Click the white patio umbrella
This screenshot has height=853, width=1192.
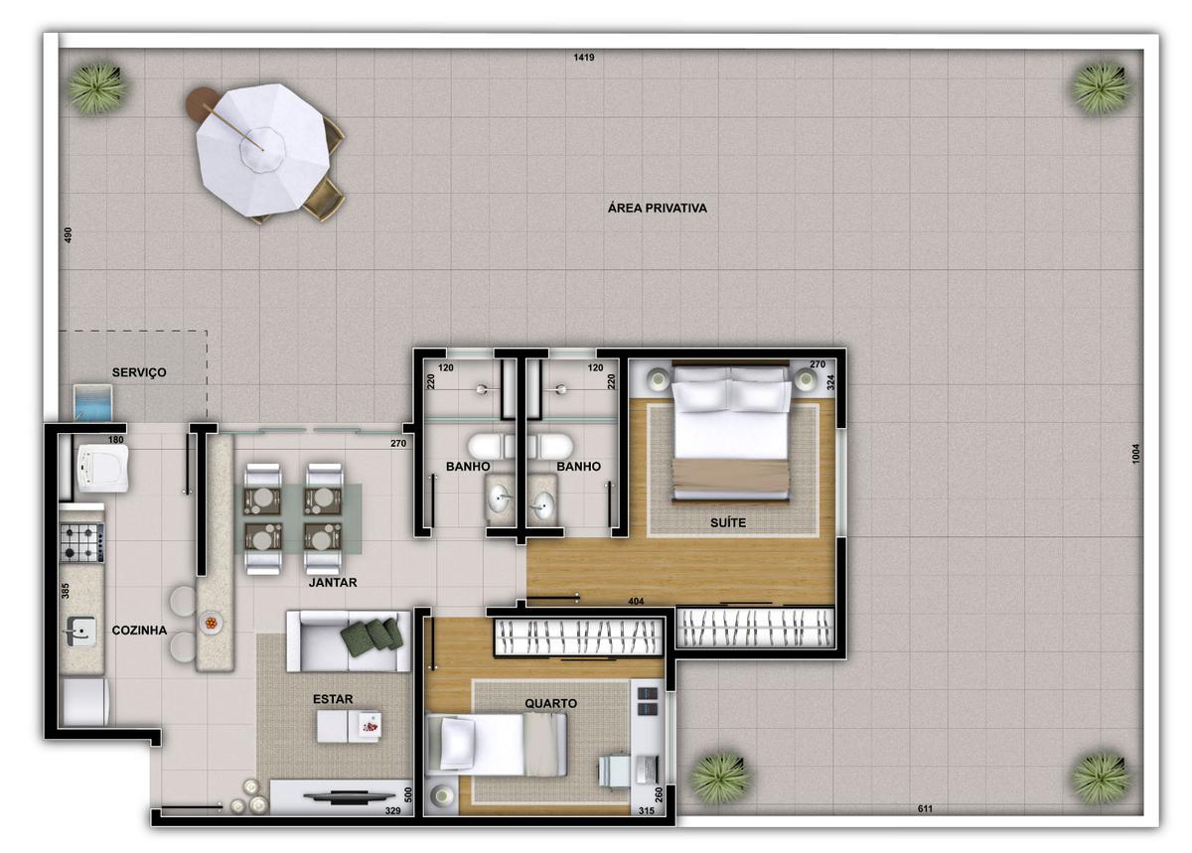[x=261, y=149]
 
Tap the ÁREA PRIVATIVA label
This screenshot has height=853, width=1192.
[x=657, y=209]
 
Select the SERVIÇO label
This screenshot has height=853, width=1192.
[x=139, y=372]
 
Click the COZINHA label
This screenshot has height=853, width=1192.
[x=139, y=630]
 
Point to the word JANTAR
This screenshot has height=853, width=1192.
[x=333, y=583]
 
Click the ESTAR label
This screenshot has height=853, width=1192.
[x=333, y=699]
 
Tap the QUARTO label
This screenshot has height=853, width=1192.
[x=551, y=703]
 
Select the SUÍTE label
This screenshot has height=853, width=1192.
[x=728, y=522]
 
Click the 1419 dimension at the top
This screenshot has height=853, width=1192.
[x=583, y=58]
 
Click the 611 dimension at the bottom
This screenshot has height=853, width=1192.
[x=925, y=809]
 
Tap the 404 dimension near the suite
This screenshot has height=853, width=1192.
[x=638, y=602]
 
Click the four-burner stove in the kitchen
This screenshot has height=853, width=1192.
[x=82, y=541]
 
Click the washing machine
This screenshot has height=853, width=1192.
[x=103, y=468]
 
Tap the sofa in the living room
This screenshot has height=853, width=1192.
[x=348, y=641]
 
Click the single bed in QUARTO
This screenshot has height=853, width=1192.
[x=497, y=744]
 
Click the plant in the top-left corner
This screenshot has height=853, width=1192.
[x=97, y=87]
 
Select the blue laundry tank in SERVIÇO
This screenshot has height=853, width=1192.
[x=94, y=403]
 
